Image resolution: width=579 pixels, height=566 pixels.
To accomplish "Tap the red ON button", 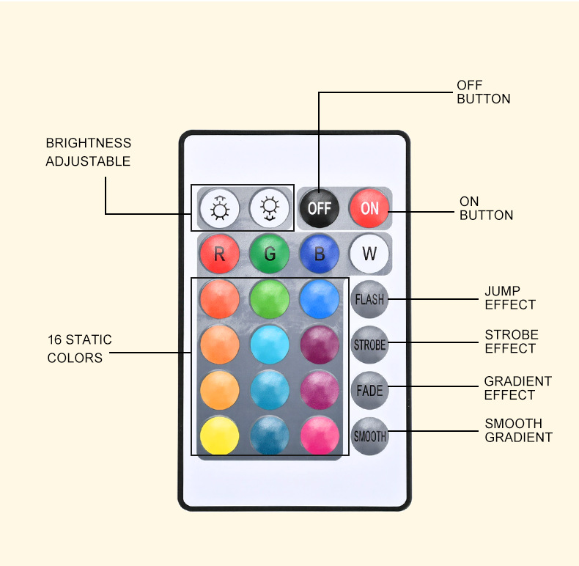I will pyautogui.click(x=369, y=207).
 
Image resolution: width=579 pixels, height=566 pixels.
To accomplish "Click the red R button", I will pyautogui.click(x=219, y=254).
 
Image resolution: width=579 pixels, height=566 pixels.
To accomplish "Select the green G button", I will pyautogui.click(x=270, y=254).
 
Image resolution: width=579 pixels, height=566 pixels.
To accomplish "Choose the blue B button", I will pyautogui.click(x=320, y=254).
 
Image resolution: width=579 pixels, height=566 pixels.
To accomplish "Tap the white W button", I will pyautogui.click(x=369, y=254).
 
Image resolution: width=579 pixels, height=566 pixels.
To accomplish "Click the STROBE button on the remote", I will pyautogui.click(x=369, y=345).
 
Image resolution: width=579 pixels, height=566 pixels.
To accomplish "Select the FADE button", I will pyautogui.click(x=369, y=391).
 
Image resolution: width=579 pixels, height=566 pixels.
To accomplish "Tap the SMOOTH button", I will pyautogui.click(x=369, y=436).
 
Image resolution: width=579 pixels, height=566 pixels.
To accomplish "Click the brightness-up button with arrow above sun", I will pyautogui.click(x=219, y=208).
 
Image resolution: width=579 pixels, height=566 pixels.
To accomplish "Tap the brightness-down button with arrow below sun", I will pyautogui.click(x=269, y=208).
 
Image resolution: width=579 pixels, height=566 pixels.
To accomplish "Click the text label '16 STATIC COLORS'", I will pyautogui.click(x=79, y=349).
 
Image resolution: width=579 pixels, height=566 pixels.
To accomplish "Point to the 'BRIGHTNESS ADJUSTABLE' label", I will pyautogui.click(x=88, y=152).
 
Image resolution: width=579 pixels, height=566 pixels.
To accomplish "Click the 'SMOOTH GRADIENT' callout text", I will pyautogui.click(x=518, y=430).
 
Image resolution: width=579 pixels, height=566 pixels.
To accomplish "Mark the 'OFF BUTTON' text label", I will pyautogui.click(x=483, y=92).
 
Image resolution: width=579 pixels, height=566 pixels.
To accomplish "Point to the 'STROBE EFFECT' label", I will pyautogui.click(x=511, y=341).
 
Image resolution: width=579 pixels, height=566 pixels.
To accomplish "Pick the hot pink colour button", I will pyautogui.click(x=320, y=436).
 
